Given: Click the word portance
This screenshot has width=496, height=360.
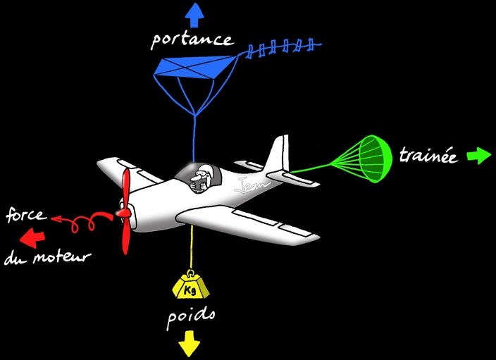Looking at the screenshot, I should pos(192,39).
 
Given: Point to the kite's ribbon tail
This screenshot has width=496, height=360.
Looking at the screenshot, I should pos(286,49).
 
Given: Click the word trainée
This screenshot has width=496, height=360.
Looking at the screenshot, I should pos(428,156).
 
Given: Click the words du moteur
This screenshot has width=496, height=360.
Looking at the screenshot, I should pos(47,257).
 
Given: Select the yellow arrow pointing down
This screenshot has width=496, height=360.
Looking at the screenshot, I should pos(188,345).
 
